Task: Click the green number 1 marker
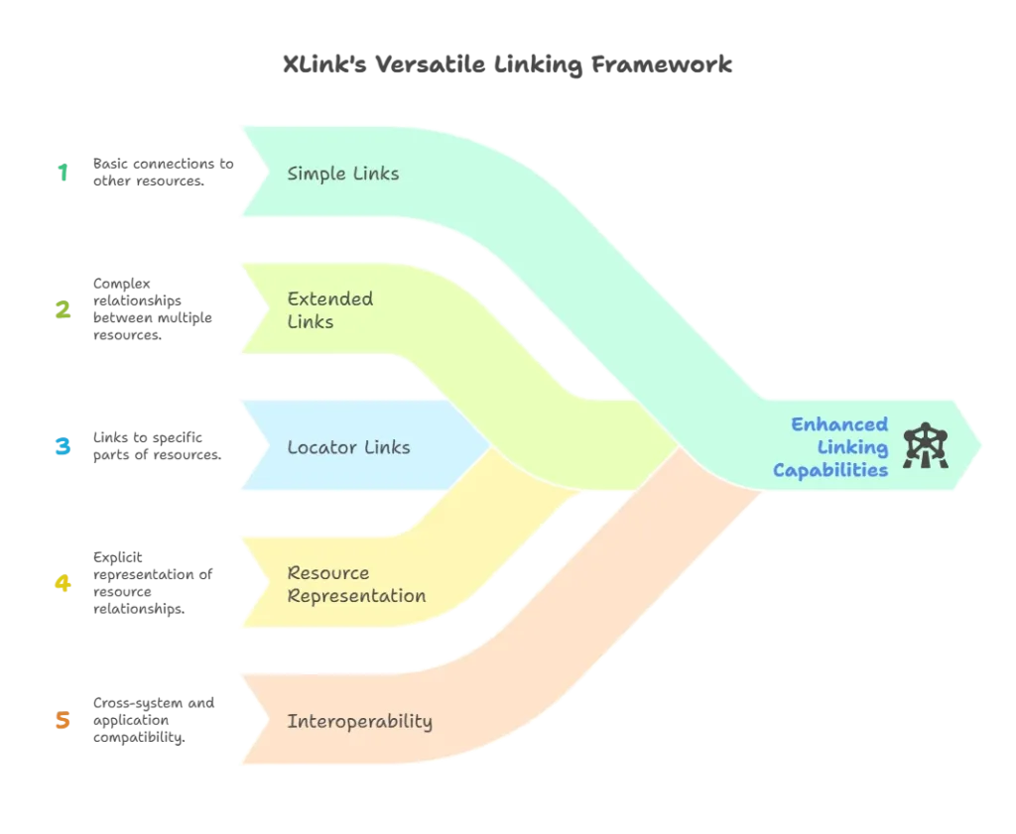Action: (x=63, y=173)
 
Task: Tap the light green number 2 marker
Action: (x=62, y=311)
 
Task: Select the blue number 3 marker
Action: (x=62, y=447)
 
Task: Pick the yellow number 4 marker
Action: (x=62, y=584)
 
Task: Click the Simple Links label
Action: (x=342, y=174)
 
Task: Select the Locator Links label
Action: (x=348, y=447)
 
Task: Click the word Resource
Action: (x=327, y=572)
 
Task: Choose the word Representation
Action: (x=356, y=596)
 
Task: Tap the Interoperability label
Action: (x=359, y=721)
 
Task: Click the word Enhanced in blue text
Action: (x=825, y=424)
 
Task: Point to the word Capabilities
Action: (x=830, y=470)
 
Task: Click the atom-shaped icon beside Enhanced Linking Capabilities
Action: (x=927, y=446)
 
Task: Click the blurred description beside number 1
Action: (x=161, y=173)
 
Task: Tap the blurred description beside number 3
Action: (x=154, y=447)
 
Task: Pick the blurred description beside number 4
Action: (x=150, y=584)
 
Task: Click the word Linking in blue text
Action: (x=859, y=447)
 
